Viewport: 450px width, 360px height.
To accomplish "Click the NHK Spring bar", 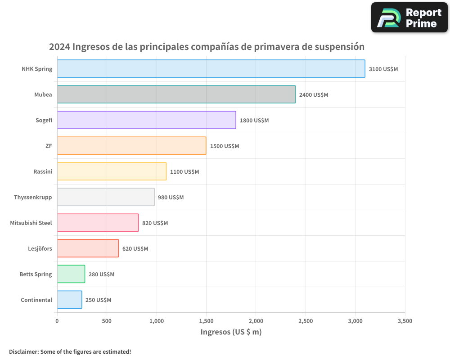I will click(211, 69).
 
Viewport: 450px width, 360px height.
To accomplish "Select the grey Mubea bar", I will click(176, 94).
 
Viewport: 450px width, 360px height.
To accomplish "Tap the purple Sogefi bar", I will click(146, 120).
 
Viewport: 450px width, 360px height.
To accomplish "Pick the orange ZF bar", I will click(131, 146).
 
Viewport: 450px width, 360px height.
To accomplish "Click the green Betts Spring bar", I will click(71, 274).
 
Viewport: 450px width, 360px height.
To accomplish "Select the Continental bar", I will click(69, 300).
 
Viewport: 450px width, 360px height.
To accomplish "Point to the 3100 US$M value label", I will click(383, 69).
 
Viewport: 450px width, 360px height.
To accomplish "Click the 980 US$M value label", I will click(171, 198).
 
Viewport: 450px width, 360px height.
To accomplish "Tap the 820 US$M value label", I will click(155, 223).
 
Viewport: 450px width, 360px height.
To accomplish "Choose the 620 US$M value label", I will click(135, 249).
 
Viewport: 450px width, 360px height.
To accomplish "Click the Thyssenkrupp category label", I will click(33, 197).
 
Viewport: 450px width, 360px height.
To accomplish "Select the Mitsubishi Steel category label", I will click(31, 223).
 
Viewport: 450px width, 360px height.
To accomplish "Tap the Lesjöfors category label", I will click(40, 248).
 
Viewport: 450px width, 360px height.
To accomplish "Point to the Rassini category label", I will click(42, 171).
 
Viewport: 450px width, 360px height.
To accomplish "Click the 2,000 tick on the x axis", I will click(256, 321).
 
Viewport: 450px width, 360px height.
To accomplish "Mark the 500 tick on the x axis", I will click(107, 321).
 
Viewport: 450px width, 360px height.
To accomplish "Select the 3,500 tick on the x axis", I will click(405, 321).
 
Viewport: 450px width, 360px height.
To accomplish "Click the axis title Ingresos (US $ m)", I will click(231, 332).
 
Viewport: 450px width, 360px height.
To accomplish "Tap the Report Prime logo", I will click(409, 18).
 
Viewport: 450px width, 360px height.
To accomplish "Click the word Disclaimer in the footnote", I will click(23, 351).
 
